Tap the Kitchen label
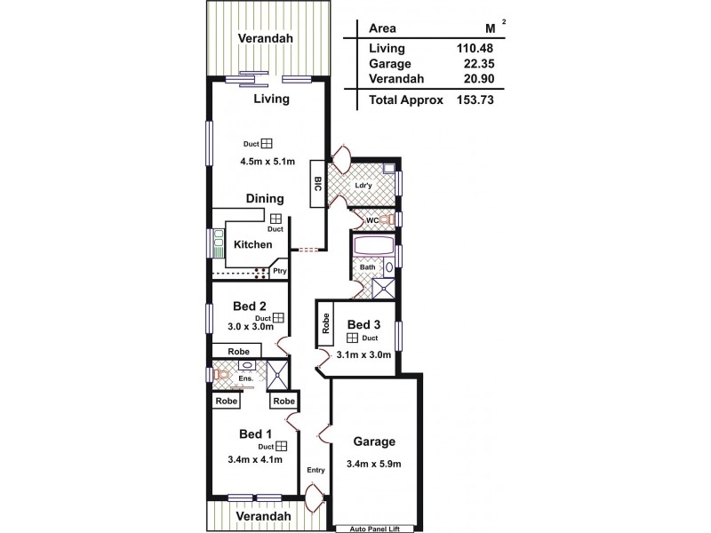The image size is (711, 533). [x=252, y=244]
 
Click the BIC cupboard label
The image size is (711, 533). [x=317, y=184]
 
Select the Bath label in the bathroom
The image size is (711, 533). [x=366, y=266]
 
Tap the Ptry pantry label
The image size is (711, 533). [x=279, y=272]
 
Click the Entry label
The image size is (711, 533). [x=316, y=470]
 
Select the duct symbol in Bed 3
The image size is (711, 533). [x=352, y=338]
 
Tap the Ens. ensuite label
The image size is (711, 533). [x=246, y=379]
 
